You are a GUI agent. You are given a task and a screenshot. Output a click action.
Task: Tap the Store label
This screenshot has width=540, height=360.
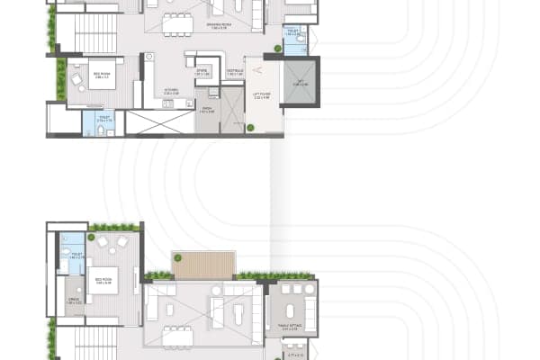(202, 70)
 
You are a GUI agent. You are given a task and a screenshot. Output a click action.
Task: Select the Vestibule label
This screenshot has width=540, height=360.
(235, 71)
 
